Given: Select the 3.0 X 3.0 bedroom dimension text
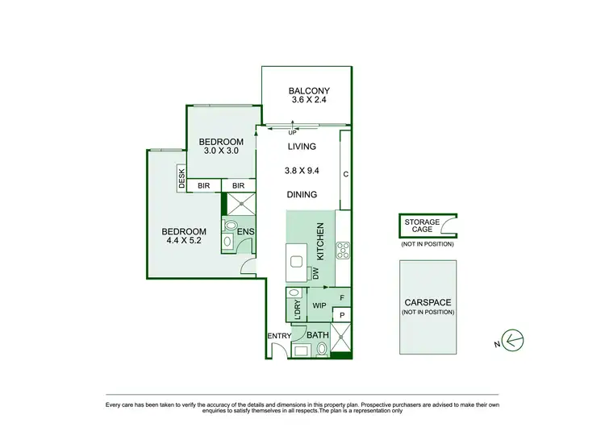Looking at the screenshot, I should click(x=219, y=151).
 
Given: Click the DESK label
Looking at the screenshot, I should click(x=182, y=178).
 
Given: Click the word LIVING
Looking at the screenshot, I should click(x=302, y=147).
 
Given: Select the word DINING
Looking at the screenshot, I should click(x=302, y=194).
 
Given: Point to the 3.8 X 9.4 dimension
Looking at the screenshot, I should click(x=302, y=170).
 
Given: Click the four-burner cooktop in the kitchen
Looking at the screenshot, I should click(x=343, y=250).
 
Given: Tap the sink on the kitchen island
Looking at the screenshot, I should click(x=296, y=261).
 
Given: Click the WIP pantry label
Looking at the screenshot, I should click(x=319, y=305).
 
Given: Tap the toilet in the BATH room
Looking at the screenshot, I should click(x=322, y=349).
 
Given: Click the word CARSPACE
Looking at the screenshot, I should click(x=427, y=303).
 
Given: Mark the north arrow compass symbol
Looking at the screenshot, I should click(x=510, y=342).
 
